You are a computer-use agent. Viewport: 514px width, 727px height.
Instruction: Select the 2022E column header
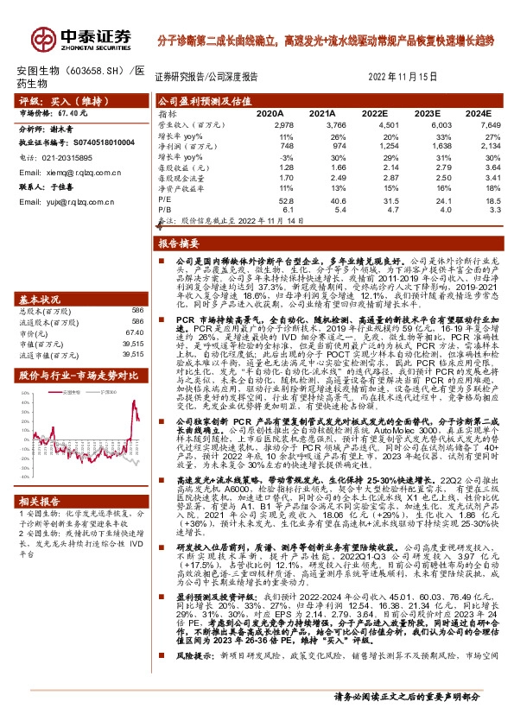point(373,113)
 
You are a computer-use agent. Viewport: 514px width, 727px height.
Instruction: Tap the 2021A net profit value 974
point(322,146)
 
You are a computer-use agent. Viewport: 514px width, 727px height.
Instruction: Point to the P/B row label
point(163,209)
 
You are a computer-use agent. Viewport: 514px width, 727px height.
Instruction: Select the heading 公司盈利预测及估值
point(198,100)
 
